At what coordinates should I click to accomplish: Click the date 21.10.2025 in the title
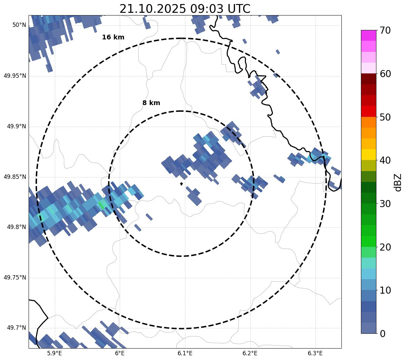pos(152,9)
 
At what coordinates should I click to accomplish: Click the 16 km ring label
pos(113,37)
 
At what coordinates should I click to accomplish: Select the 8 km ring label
pos(151,103)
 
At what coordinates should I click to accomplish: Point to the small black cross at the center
pos(182,184)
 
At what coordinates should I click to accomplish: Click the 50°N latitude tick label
pos(19,25)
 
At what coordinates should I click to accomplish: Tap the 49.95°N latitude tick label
pos(15,76)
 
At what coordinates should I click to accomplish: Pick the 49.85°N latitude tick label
pos(15,177)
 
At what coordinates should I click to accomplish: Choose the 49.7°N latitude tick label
pos(16,328)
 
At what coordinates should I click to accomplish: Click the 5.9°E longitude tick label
pos(54,353)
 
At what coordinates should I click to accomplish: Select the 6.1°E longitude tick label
pos(185,353)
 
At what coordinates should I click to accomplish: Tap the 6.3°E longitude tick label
pos(315,353)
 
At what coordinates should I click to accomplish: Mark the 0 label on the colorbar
pos(382,334)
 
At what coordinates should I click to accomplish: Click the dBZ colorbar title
pos(398,182)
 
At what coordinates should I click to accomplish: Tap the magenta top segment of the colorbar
pos(368,35)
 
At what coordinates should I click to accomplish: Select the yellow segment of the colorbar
pos(368,155)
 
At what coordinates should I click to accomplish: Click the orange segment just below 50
pos(368,122)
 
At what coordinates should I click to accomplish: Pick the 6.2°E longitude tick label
pos(250,353)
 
